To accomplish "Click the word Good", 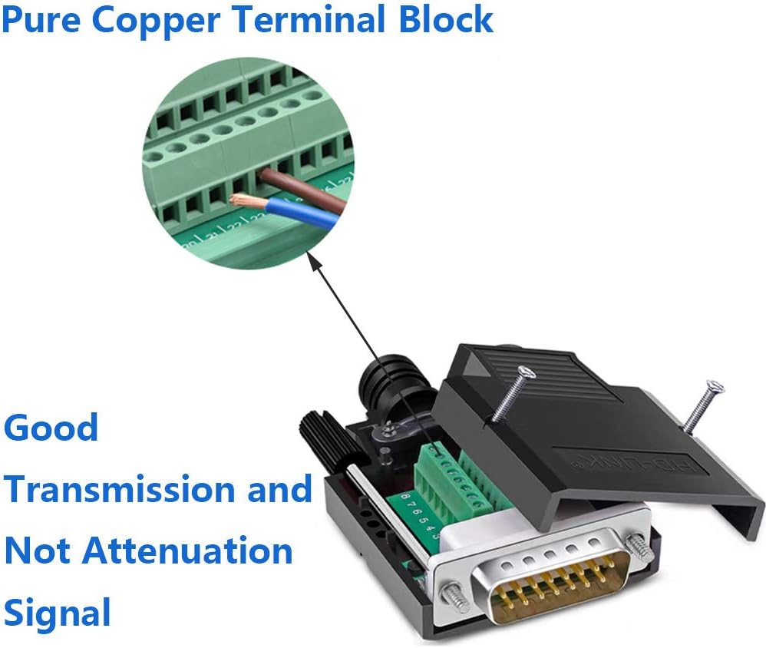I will [x=51, y=428].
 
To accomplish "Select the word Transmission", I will [x=120, y=489].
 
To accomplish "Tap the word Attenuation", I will [x=187, y=550].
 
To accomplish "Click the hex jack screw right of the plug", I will [x=636, y=546].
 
